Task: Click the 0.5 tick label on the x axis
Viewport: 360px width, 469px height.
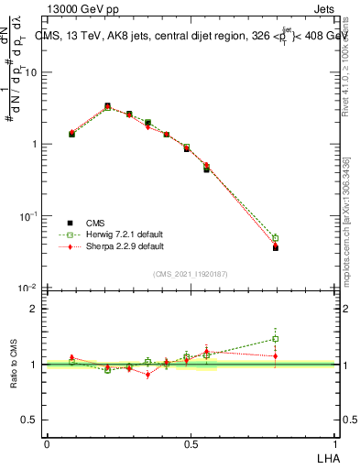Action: tap(191, 443)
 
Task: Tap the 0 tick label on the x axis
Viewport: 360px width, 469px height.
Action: tap(47, 443)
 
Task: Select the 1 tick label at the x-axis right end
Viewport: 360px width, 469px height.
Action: tap(335, 443)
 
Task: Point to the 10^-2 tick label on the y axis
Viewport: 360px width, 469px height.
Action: tap(30, 288)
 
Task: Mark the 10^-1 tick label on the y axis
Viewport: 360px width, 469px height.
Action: tap(30, 216)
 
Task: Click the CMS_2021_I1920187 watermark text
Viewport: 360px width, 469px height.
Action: tap(191, 273)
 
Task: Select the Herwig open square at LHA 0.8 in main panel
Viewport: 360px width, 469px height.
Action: tap(276, 238)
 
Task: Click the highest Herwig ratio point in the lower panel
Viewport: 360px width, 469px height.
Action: tap(276, 339)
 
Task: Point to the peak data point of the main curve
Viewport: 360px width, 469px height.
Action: tap(107, 106)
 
